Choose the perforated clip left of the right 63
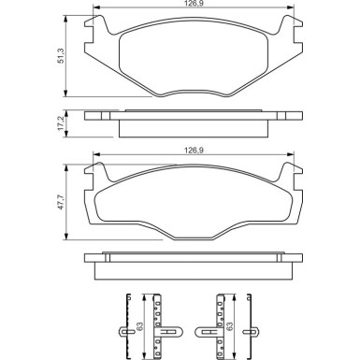pyautogui.click(x=221, y=327)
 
